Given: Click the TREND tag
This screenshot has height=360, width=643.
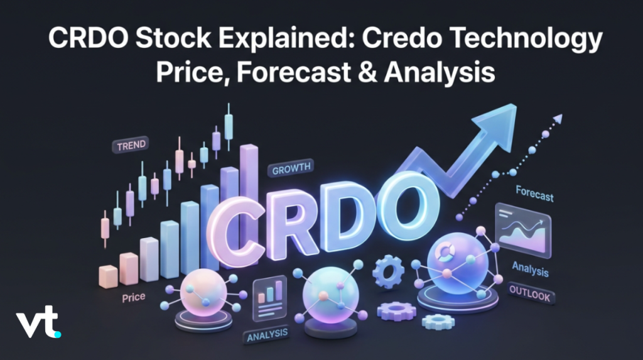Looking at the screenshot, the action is tap(131, 145).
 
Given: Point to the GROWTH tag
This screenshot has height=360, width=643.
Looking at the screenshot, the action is tap(291, 168).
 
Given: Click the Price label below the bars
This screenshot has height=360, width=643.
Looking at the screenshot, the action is tap(133, 297).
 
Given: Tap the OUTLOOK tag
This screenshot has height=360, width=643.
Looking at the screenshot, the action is tap(530, 293).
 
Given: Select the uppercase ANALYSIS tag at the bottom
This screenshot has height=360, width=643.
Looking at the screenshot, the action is tap(267, 335).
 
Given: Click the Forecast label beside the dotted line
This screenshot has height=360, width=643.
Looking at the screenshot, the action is tap(535, 194).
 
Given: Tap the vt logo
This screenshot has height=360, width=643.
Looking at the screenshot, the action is tap(38, 322).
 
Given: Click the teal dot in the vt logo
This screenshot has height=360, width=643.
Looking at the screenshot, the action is tap(58, 334).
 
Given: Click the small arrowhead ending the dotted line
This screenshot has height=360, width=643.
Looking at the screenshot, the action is tap(558, 119).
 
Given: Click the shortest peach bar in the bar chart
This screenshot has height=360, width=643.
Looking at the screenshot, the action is tap(108, 276).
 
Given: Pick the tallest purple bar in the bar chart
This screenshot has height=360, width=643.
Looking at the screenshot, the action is tap(249, 180).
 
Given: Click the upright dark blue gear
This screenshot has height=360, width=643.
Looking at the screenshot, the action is tap(388, 271).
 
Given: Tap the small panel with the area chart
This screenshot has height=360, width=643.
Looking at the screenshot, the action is tap(523, 231).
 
